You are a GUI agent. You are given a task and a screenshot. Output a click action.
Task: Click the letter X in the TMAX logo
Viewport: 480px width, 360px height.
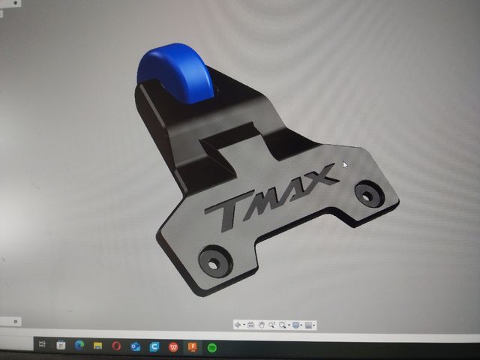pyautogui.click(x=319, y=178)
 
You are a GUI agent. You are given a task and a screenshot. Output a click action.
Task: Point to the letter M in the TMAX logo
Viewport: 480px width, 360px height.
pyautogui.click(x=263, y=199)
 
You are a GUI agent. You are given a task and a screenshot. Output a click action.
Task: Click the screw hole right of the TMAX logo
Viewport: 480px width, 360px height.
pyautogui.click(x=367, y=193)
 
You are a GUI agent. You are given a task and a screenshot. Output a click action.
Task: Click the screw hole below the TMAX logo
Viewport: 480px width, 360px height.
pyautogui.click(x=212, y=262)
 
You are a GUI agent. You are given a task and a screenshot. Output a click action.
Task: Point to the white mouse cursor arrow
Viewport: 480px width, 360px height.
pyautogui.click(x=346, y=165)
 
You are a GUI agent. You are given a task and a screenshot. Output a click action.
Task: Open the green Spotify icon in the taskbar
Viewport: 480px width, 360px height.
pyautogui.click(x=211, y=346)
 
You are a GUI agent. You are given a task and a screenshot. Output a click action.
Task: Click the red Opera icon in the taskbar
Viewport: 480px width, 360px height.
pyautogui.click(x=117, y=346)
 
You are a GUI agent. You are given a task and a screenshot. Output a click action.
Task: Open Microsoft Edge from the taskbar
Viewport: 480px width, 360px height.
pyautogui.click(x=79, y=346)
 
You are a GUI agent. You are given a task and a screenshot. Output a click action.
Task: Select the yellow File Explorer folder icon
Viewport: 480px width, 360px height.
pyautogui.click(x=97, y=346)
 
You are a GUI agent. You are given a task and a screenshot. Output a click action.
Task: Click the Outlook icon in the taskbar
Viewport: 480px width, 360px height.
pyautogui.click(x=136, y=346)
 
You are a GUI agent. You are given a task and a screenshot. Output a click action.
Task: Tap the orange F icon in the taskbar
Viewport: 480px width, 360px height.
pyautogui.click(x=193, y=346)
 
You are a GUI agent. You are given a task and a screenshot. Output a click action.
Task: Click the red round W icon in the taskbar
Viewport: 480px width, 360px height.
pyautogui.click(x=173, y=346)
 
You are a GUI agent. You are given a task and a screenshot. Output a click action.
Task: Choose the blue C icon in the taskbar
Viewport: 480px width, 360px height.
pyautogui.click(x=154, y=346)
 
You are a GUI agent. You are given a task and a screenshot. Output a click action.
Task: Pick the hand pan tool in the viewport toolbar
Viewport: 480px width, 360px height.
pyautogui.click(x=261, y=325)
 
